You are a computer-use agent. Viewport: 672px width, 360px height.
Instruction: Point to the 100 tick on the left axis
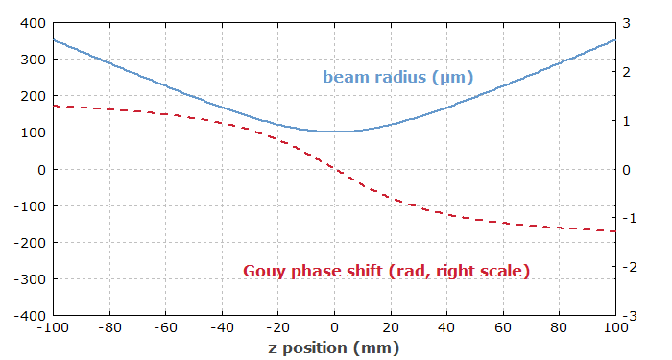[x=32, y=132]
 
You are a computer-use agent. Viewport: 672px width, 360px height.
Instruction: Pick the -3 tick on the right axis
[x=628, y=315]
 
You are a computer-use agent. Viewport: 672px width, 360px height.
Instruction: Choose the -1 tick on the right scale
[x=628, y=218]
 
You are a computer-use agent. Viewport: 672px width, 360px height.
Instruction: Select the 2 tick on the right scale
[x=626, y=71]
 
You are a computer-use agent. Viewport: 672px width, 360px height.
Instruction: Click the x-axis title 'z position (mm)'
[x=333, y=347]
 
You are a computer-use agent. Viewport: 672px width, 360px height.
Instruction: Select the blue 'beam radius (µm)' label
[x=397, y=77]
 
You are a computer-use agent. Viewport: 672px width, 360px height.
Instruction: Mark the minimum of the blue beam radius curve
[x=334, y=132]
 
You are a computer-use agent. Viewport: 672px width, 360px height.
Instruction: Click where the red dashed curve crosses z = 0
[x=334, y=169]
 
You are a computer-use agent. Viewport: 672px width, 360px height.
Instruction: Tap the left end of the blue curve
[x=54, y=40]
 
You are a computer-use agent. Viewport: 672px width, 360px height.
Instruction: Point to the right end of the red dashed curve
[x=614, y=231]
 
